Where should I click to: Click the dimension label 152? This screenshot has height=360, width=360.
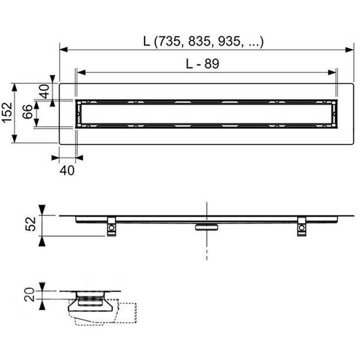coord(7,113)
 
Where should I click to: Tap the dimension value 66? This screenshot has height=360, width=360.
coord(28,112)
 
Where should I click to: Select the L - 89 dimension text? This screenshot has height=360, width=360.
coord(203,64)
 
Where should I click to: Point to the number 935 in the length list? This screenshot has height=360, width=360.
coord(229,41)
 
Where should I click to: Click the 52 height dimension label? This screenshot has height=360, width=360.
coord(31,224)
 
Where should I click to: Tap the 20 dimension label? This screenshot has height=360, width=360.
coord(29,295)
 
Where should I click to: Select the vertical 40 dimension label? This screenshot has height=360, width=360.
coord(44,91)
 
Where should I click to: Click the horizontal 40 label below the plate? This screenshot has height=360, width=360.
coord(67,170)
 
